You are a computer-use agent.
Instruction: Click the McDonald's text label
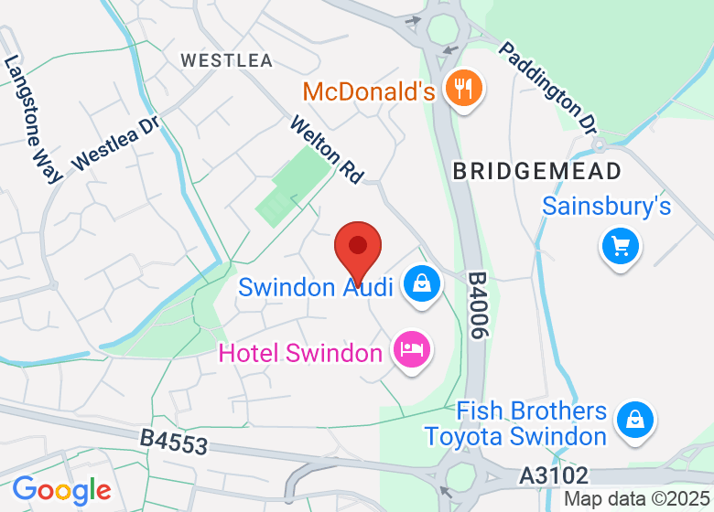click(368, 91)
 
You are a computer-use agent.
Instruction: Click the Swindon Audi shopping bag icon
click(421, 284)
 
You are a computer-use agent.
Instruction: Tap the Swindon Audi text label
click(316, 287)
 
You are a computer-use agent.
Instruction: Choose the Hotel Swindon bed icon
click(411, 348)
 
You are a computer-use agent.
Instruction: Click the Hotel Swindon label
click(299, 353)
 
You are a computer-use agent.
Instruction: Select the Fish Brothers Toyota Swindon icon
click(633, 420)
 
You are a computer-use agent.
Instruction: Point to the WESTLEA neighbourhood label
click(227, 60)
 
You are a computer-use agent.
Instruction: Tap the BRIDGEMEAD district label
click(537, 171)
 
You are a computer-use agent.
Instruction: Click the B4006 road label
click(476, 305)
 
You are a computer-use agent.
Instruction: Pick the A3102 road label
click(553, 475)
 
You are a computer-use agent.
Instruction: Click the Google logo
click(61, 492)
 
